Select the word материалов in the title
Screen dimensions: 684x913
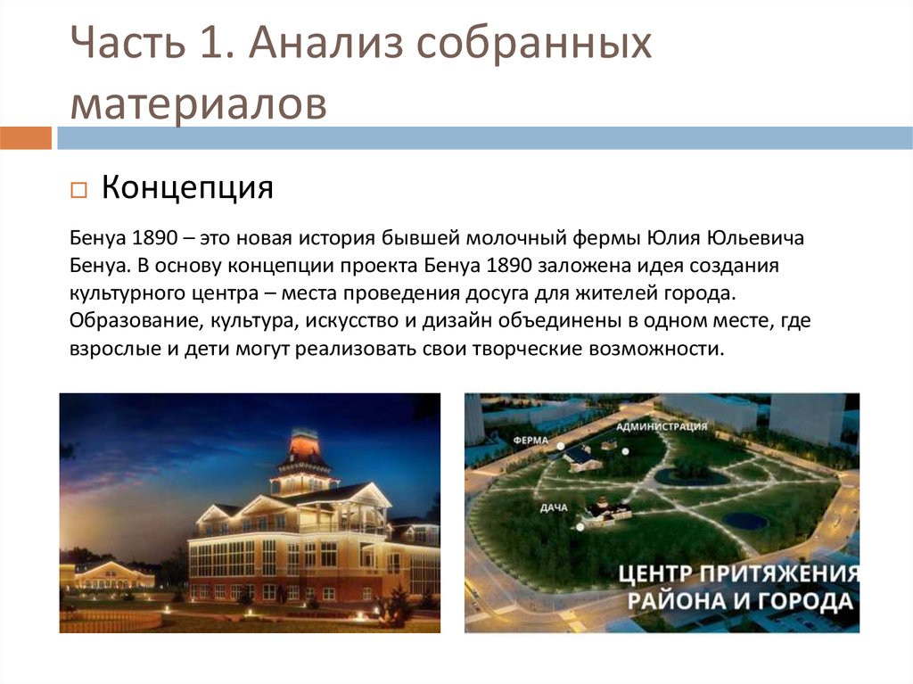tap(198, 103)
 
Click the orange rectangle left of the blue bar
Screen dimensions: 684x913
tap(26, 138)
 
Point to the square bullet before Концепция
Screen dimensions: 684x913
tap(78, 191)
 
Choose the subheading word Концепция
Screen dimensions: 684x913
tap(186, 188)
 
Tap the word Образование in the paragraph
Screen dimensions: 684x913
tap(128, 321)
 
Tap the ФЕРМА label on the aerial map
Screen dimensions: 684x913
tap(531, 440)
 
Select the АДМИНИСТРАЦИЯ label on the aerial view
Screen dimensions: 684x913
tap(662, 426)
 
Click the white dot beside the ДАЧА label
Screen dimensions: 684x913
tap(581, 526)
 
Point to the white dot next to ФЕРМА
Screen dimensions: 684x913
tap(561, 445)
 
